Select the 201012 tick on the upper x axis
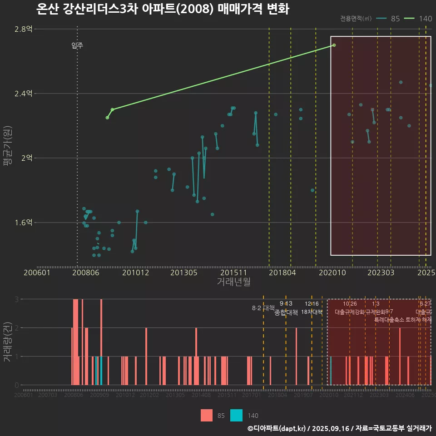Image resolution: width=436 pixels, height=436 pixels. click(135, 272)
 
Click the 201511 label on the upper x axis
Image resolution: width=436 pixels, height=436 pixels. click(233, 272)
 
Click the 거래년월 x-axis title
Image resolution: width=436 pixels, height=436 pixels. click(233, 282)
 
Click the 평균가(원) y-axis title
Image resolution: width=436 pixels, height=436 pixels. click(7, 148)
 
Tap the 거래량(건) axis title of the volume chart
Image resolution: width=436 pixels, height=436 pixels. click(7, 342)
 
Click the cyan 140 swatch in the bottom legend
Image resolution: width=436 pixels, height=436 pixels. click(237, 415)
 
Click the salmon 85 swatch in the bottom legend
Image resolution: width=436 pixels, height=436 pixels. click(207, 415)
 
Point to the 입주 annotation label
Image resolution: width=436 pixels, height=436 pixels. click(77, 45)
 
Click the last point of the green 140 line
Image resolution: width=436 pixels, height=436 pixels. click(334, 45)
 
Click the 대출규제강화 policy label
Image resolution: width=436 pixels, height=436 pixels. click(349, 312)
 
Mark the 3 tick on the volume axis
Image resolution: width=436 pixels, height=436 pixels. click(17, 299)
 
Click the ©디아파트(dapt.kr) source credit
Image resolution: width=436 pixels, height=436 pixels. click(277, 428)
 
